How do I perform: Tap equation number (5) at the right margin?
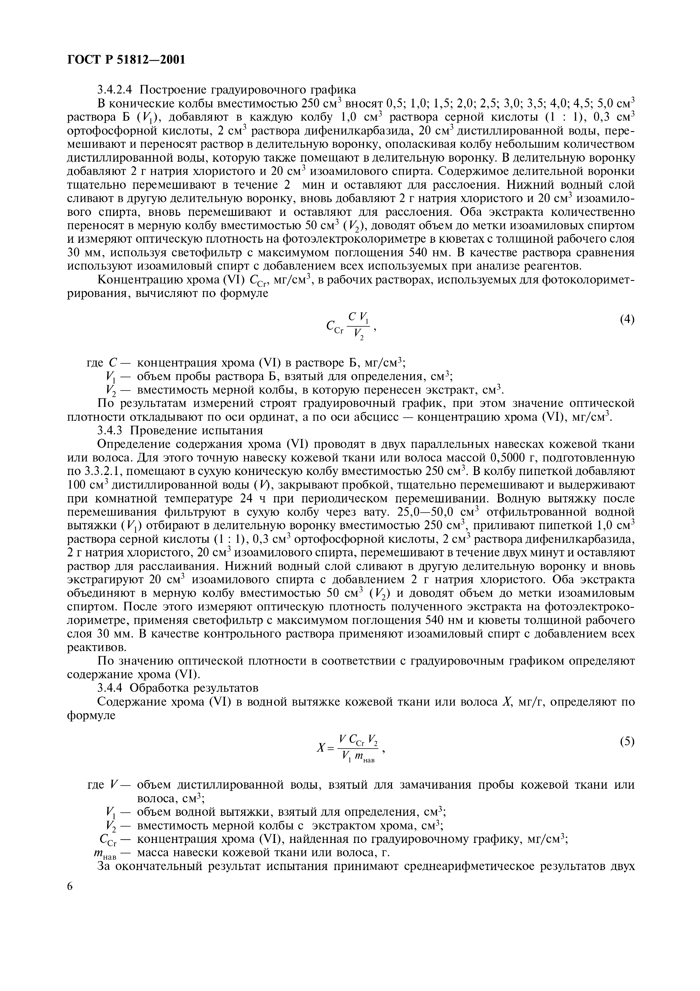(x=627, y=741)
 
